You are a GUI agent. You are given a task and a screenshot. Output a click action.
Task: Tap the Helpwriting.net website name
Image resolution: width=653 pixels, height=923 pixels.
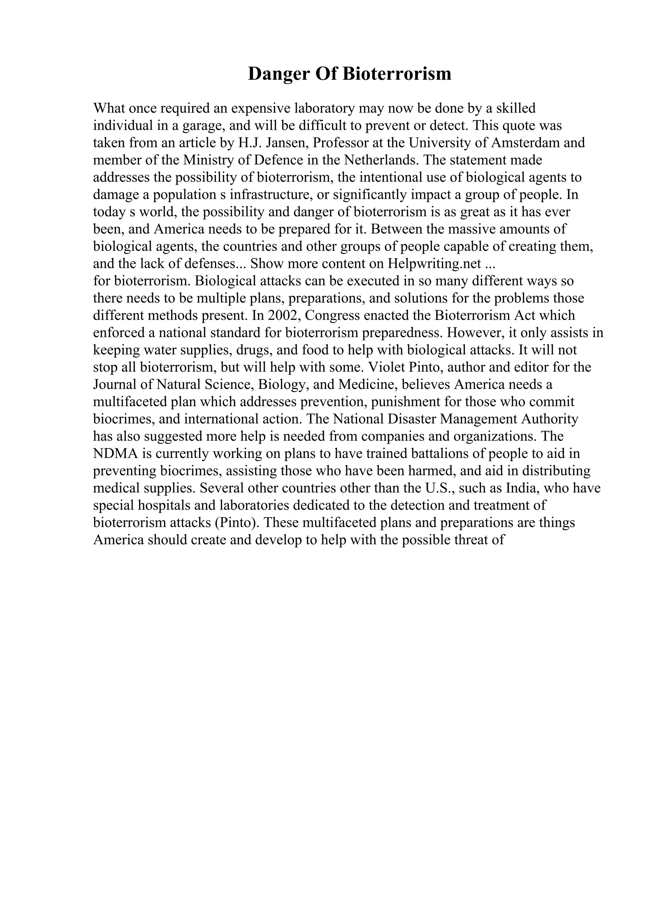pyautogui.click(x=435, y=264)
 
